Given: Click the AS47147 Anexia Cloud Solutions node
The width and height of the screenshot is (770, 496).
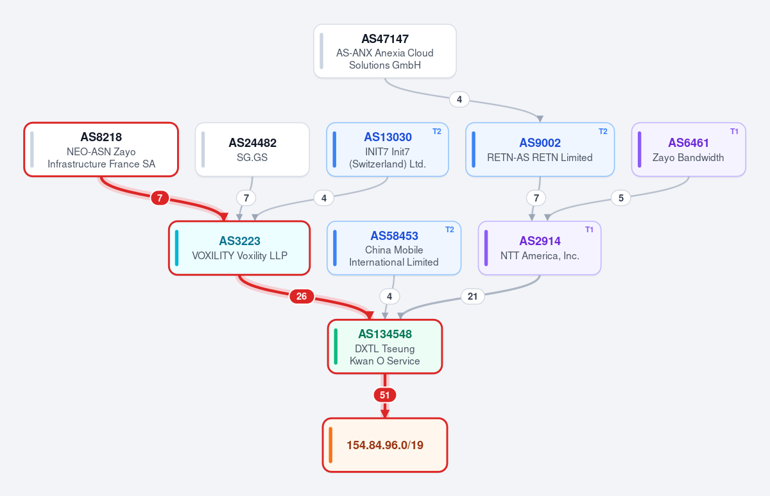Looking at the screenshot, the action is click(384, 51).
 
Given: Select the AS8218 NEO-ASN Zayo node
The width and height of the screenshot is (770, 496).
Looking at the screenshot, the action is click(101, 150).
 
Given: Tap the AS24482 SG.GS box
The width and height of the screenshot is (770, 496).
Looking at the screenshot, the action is click(252, 150).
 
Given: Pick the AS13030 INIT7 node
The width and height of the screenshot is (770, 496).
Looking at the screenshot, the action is click(388, 150).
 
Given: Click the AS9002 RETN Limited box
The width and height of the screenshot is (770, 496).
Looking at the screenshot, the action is click(540, 150).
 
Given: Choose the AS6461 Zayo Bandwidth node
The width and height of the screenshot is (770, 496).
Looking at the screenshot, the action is click(689, 150).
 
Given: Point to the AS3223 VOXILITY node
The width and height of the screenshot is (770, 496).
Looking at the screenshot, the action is click(239, 248).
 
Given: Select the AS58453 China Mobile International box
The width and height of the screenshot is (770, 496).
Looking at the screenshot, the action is click(394, 248).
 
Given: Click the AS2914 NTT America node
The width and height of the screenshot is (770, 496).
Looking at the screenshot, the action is click(540, 248).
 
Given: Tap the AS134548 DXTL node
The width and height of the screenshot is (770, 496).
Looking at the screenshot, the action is click(384, 346).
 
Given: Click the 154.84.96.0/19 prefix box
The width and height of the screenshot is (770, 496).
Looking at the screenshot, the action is click(384, 445).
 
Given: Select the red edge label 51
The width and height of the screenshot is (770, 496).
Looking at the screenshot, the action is click(384, 395).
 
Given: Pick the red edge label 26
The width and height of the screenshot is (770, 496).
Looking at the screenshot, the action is click(302, 296).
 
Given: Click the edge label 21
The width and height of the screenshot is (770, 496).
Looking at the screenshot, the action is click(473, 296).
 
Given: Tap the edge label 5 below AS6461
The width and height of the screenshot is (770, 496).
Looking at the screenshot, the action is click(621, 198).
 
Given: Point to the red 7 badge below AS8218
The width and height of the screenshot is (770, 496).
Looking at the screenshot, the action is click(160, 198).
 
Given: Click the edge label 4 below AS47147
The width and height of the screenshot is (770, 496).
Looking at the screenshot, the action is click(459, 99).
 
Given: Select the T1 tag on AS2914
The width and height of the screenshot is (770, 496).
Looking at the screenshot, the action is click(589, 230).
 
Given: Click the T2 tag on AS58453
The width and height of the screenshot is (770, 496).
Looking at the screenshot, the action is click(450, 230).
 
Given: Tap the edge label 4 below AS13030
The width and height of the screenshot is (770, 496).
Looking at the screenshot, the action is click(324, 198).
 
